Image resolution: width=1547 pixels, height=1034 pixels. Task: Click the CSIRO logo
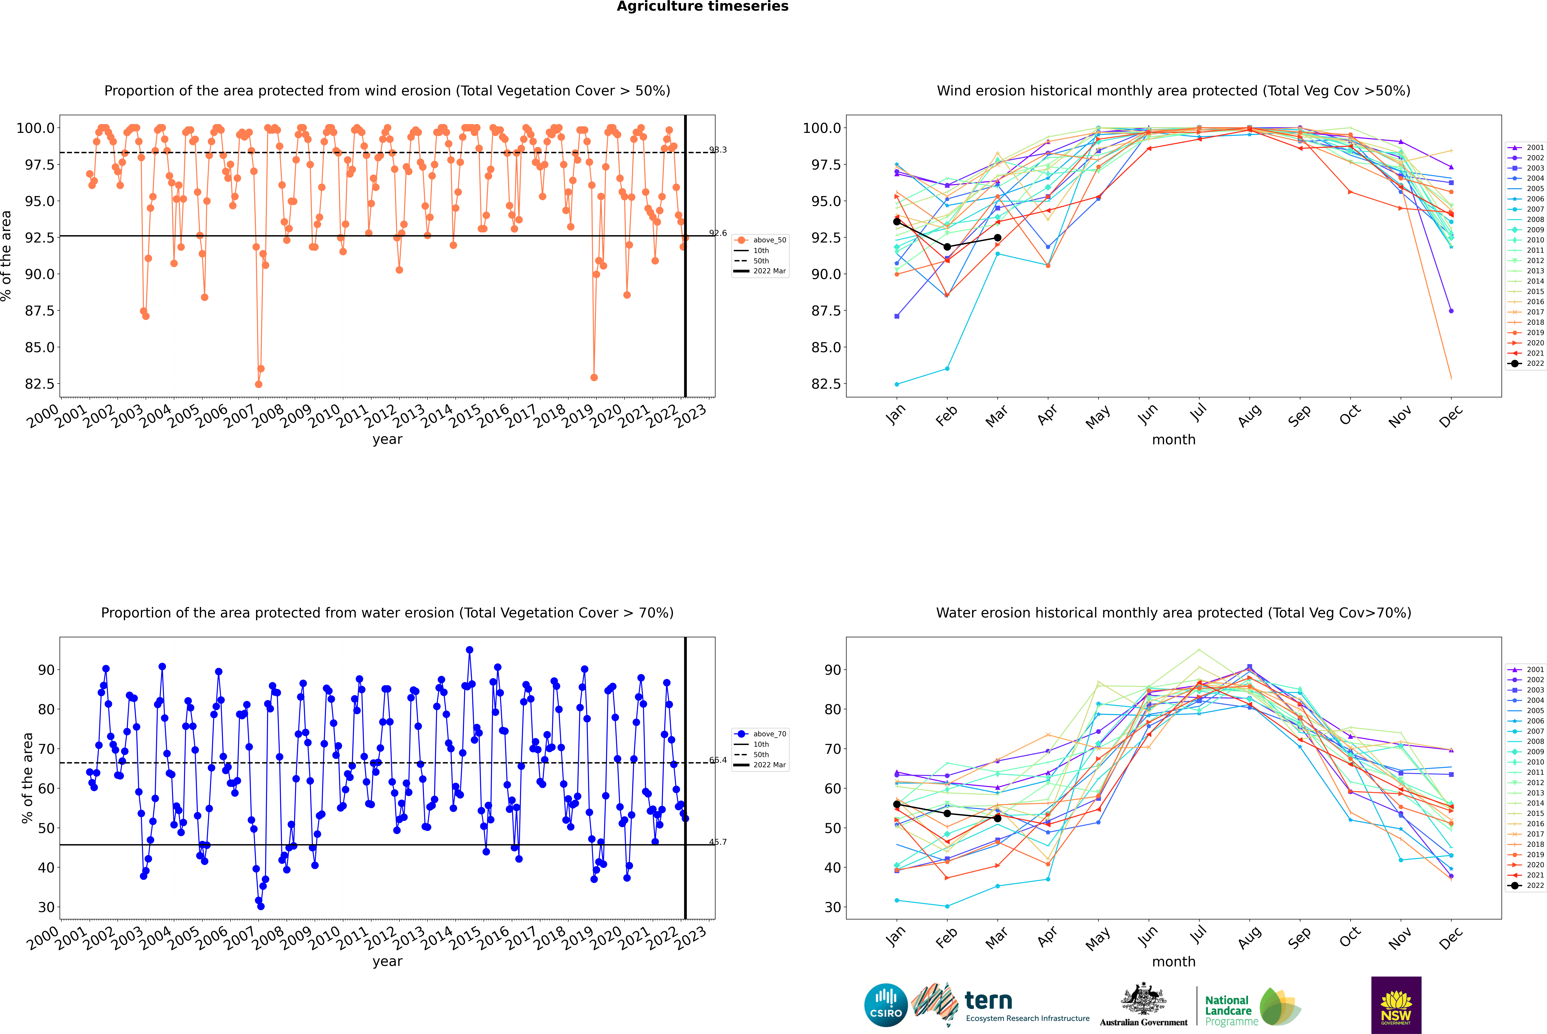[x=886, y=1005]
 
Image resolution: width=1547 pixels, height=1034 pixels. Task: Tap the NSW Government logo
[x=1396, y=1005]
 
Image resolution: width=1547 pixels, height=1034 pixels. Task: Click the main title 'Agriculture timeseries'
[x=702, y=7]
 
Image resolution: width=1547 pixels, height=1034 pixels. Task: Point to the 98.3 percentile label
[x=718, y=150]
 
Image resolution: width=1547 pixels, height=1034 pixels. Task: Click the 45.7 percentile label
[x=718, y=842]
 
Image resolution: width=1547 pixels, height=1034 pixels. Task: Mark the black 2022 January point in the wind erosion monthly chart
[x=897, y=222]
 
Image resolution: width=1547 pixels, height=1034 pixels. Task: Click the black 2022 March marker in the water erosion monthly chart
[x=997, y=818]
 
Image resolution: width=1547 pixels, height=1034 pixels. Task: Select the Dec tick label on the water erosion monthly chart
[x=1451, y=938]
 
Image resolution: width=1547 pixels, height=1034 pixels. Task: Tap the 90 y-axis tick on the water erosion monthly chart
[x=832, y=670]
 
